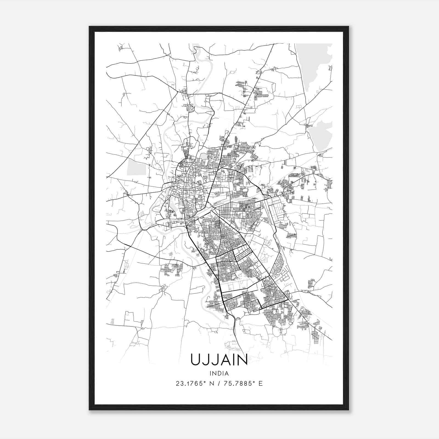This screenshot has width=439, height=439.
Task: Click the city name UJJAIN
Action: click(x=219, y=360)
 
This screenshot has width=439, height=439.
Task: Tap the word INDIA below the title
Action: click(x=219, y=373)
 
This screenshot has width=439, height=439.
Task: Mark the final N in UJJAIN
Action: click(x=242, y=360)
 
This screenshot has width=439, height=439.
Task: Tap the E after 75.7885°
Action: click(x=260, y=383)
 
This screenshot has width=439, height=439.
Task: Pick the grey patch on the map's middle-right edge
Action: click(x=322, y=134)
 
